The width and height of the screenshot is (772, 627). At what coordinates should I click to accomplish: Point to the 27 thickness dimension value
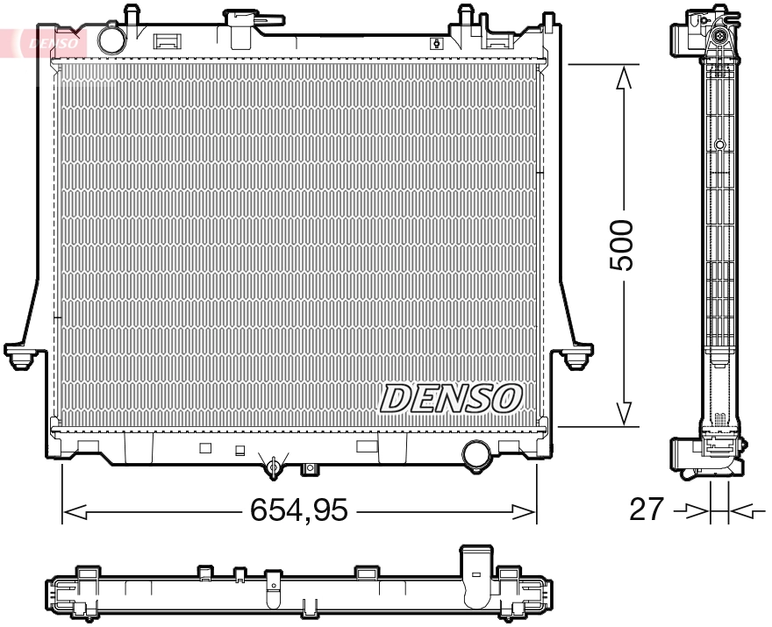click(647, 509)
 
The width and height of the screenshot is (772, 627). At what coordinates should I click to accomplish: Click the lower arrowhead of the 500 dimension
click(624, 412)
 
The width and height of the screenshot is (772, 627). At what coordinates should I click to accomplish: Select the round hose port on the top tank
click(111, 39)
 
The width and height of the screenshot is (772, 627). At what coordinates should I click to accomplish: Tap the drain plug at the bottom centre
click(275, 466)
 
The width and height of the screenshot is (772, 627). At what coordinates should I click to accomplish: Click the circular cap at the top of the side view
click(718, 36)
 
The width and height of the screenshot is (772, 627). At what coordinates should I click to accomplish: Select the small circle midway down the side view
click(719, 145)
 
